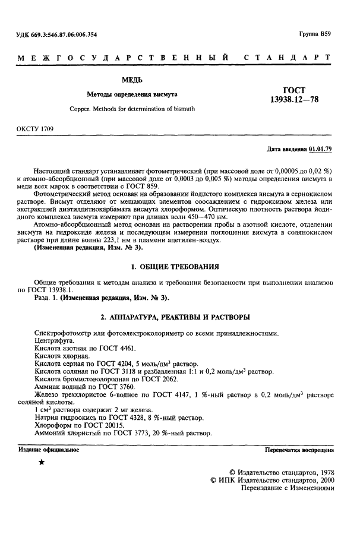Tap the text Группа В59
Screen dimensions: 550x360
315,34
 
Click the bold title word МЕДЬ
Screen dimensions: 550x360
132,80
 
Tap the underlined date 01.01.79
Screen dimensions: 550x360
320,148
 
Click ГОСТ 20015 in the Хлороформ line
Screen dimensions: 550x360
104,426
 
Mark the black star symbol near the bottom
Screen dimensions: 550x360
42,462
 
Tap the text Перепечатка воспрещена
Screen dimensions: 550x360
299,450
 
